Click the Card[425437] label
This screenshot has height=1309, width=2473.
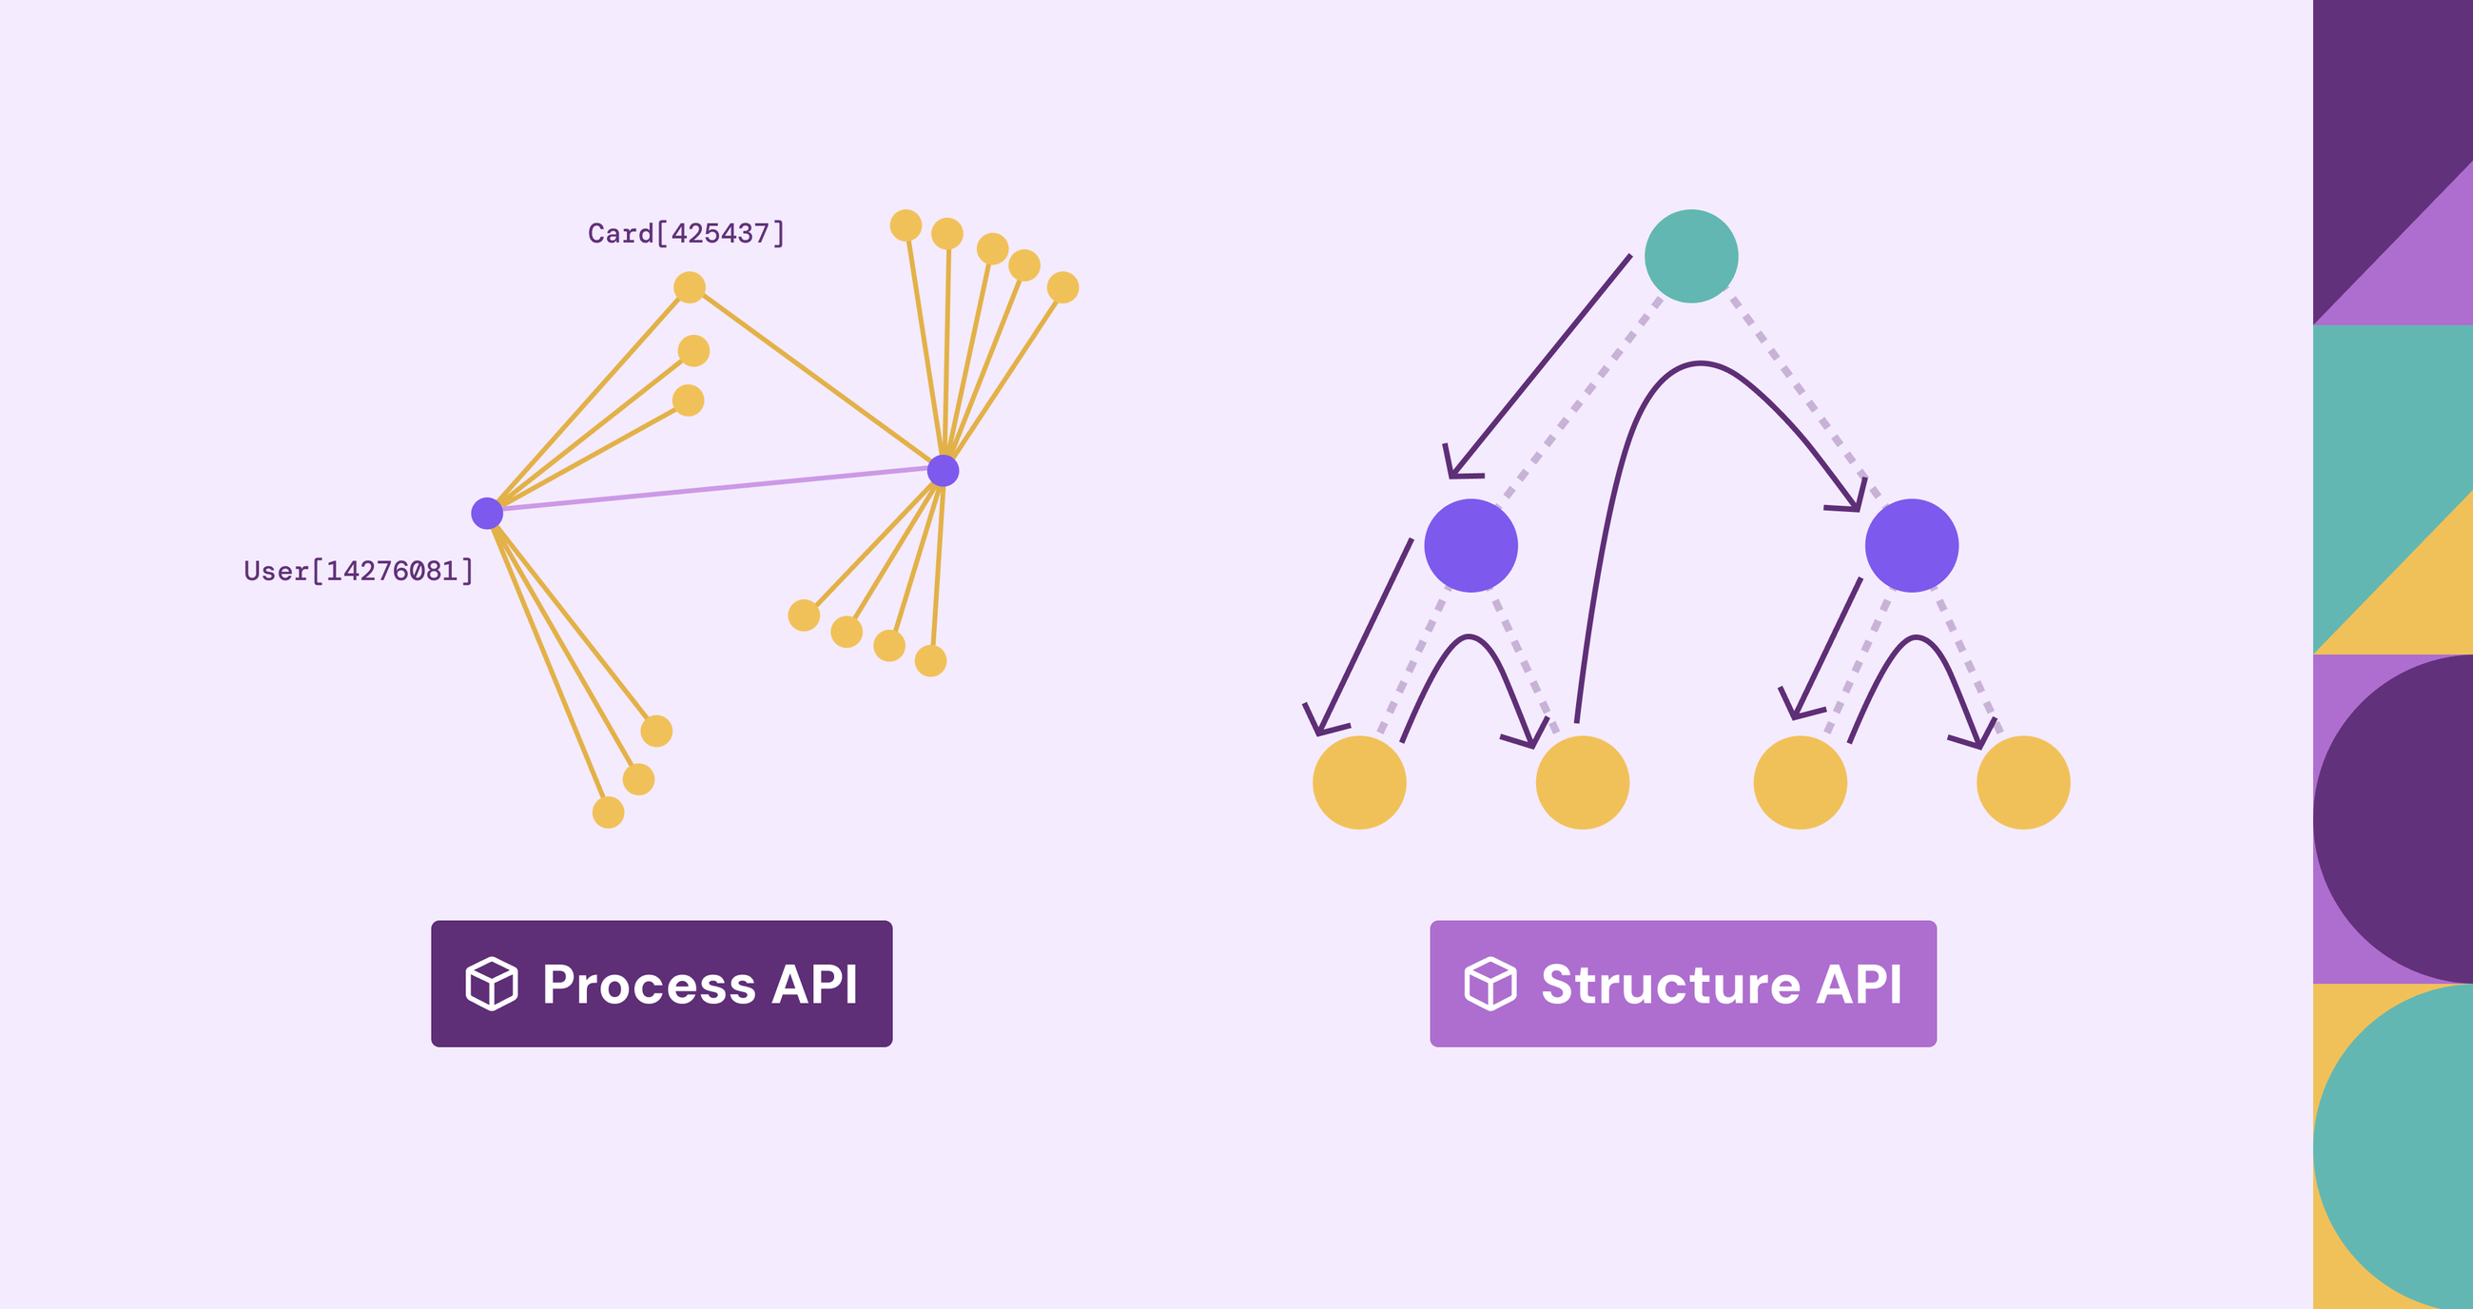point(686,233)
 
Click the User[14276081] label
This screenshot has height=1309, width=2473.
point(358,572)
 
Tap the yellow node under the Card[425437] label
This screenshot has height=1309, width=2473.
point(690,287)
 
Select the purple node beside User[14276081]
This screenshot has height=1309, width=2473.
point(487,514)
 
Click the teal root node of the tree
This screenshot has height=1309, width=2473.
point(1690,257)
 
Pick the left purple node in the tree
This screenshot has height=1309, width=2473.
point(1470,545)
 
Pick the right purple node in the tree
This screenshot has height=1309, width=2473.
point(1912,545)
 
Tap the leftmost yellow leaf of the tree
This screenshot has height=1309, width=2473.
point(1358,783)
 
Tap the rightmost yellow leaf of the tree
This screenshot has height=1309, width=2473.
point(2023,783)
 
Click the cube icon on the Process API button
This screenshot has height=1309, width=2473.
point(492,984)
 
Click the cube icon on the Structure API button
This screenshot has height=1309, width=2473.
point(1490,984)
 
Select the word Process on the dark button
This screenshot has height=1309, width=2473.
point(649,985)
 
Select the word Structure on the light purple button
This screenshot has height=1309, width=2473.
point(1670,985)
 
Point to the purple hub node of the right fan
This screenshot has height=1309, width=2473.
point(943,471)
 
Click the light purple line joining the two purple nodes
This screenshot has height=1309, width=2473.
point(715,490)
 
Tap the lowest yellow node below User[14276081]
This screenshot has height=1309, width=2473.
point(608,812)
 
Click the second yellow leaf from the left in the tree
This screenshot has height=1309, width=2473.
point(1582,783)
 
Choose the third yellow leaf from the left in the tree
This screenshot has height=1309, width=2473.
point(1800,783)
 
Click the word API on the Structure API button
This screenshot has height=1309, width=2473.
point(1859,985)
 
